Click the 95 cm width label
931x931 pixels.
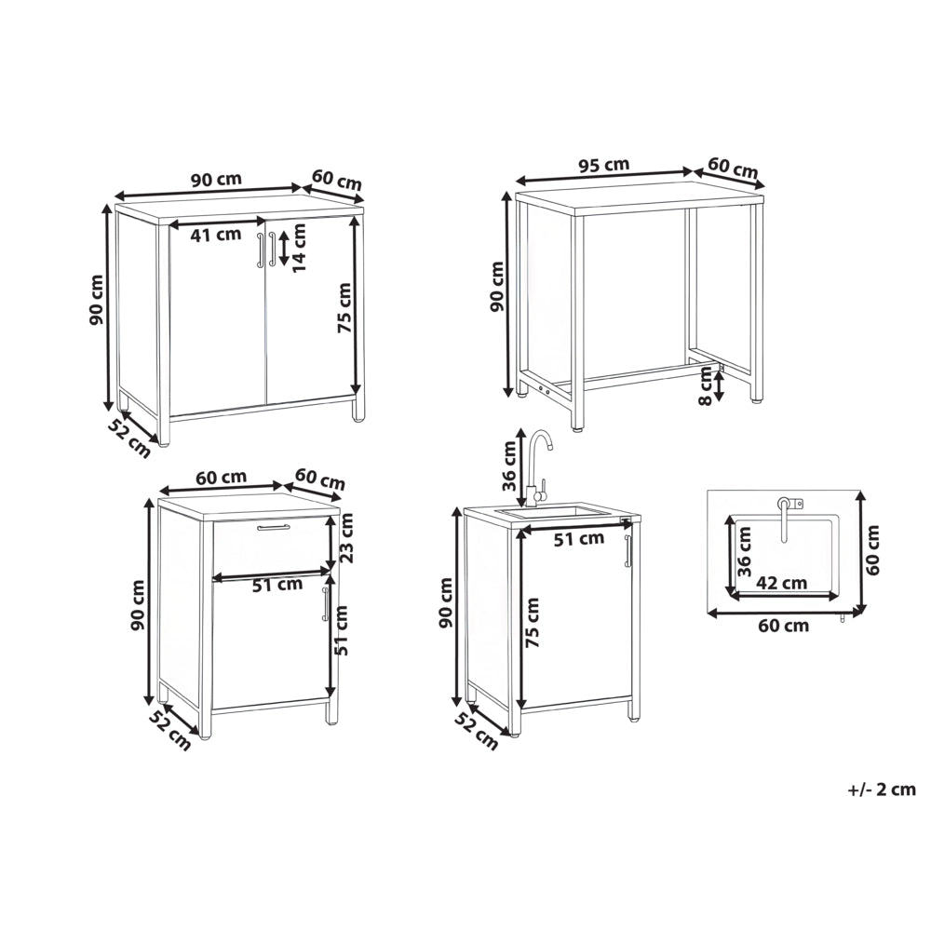click(x=604, y=165)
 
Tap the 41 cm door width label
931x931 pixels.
click(x=216, y=235)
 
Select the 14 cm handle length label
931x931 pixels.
click(x=301, y=248)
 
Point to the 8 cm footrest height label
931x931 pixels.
click(x=706, y=386)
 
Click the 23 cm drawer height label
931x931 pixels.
click(x=345, y=538)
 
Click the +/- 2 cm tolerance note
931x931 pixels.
click(x=882, y=789)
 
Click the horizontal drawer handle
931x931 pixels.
click(x=273, y=527)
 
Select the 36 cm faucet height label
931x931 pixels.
click(x=509, y=466)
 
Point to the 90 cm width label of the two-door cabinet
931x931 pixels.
click(x=217, y=180)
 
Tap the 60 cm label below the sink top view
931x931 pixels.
click(x=784, y=626)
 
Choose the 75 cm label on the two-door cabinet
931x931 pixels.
click(x=344, y=307)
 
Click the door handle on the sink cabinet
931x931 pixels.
click(x=627, y=551)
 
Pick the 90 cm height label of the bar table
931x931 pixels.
click(x=496, y=286)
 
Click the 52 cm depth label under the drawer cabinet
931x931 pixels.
click(x=170, y=730)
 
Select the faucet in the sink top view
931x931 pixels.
click(x=785, y=517)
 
